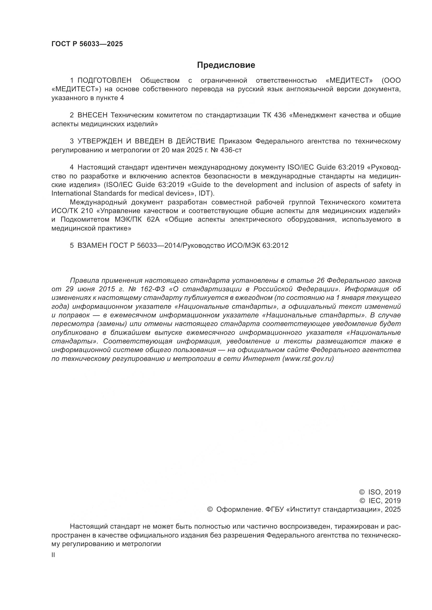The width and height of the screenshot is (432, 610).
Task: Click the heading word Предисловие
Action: [x=226, y=65]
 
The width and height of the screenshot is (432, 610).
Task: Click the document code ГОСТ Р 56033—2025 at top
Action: [x=87, y=44]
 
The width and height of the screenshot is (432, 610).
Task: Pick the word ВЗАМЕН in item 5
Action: [x=92, y=245]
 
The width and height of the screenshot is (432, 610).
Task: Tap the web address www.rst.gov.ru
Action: [x=308, y=359]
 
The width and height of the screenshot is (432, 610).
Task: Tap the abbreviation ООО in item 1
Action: [x=391, y=81]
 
